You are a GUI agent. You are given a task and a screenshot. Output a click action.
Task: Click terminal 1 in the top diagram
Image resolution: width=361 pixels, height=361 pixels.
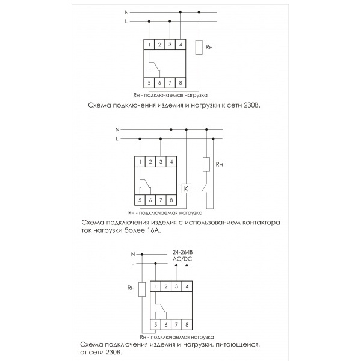tap(149, 45)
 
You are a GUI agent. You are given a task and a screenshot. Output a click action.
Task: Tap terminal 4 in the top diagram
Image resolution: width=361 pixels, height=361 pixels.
tap(181, 45)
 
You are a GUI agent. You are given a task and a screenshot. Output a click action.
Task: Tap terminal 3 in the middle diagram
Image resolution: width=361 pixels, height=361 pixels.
tap(161, 161)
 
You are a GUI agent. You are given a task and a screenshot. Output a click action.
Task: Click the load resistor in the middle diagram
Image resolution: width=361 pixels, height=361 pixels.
tap(206, 164)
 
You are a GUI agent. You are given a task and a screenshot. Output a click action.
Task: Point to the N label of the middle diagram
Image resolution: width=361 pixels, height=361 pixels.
tap(117, 129)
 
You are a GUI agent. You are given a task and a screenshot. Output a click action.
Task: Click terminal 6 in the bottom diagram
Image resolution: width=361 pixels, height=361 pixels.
tap(166, 325)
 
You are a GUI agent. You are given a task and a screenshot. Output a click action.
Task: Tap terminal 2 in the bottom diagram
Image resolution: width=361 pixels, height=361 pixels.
tap(166, 287)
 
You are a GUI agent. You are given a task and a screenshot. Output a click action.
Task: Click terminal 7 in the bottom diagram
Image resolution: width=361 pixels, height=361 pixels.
tap(177, 325)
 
